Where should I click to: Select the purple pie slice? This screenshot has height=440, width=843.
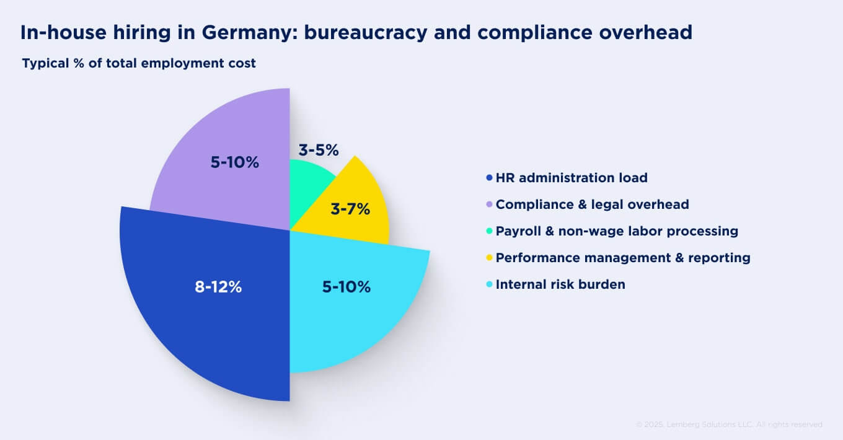(x=229, y=186)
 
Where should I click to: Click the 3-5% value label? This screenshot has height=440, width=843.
(x=319, y=150)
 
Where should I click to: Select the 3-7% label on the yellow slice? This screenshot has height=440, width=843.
(x=350, y=209)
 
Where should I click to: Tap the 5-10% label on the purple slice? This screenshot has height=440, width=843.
(x=234, y=162)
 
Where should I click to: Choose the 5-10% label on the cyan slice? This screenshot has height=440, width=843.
(x=346, y=287)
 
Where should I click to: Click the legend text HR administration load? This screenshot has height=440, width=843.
(x=571, y=178)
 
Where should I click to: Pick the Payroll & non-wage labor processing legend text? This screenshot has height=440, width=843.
(x=617, y=231)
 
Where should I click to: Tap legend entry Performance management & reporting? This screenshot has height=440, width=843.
(x=622, y=258)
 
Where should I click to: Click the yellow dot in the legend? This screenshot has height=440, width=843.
(x=490, y=258)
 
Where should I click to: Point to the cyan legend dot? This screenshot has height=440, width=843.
(x=490, y=284)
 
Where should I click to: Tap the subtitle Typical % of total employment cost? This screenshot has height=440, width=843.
(x=139, y=63)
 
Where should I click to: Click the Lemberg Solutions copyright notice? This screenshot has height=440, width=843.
(x=729, y=425)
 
